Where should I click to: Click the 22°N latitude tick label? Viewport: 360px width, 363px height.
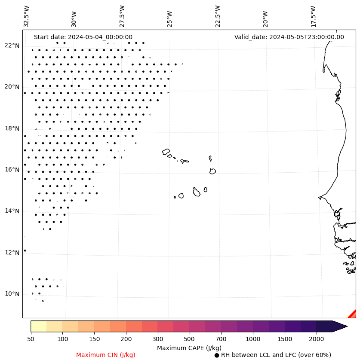click(x=12, y=46)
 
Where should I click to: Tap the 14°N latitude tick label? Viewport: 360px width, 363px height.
click(x=12, y=211)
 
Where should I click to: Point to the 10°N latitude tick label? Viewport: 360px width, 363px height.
click(x=12, y=294)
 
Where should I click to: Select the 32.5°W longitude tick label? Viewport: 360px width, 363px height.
click(x=27, y=16)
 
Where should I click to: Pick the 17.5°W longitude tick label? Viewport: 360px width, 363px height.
click(x=313, y=16)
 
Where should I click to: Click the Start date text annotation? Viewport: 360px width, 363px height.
click(x=83, y=37)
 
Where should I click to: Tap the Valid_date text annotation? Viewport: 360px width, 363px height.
click(x=289, y=37)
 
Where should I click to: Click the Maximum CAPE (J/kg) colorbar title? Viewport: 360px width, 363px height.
click(x=189, y=348)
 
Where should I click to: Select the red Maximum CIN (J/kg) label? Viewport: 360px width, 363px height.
click(x=106, y=355)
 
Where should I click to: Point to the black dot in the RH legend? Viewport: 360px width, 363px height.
click(x=217, y=355)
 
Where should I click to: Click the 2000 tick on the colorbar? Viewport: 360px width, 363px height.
click(x=317, y=339)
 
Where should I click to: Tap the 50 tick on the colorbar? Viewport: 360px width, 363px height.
click(x=31, y=339)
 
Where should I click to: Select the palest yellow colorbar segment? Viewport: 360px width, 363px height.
click(x=38, y=326)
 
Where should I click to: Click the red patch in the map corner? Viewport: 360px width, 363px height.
click(x=353, y=314)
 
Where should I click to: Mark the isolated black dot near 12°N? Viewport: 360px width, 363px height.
click(x=25, y=250)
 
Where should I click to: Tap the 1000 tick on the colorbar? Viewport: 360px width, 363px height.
click(x=253, y=339)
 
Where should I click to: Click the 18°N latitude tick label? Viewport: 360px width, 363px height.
click(x=12, y=128)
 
